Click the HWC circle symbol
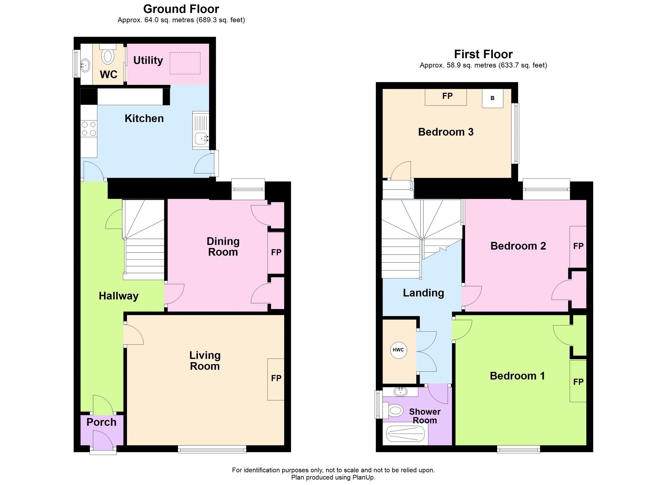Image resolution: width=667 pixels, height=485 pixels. tap(399, 350)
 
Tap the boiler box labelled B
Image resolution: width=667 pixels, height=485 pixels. tap(492, 98)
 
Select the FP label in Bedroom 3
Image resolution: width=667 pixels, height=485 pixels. tap(447, 96)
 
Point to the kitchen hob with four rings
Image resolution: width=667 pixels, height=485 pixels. tap(89, 129)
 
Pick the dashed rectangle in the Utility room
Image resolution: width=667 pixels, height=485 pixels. tap(185, 63)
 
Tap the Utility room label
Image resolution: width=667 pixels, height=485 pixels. tap(148, 60)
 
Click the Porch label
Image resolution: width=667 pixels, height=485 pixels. tap(101, 422)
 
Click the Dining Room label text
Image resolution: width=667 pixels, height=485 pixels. tap(223, 247)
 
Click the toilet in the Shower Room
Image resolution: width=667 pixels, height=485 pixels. tap(396, 410)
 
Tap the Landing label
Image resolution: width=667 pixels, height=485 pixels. tap(423, 293)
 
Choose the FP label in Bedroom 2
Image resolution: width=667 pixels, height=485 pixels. tap(578, 246)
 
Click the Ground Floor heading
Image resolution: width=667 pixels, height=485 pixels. tap(181, 9)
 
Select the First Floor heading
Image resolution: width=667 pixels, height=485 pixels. tap(483, 54)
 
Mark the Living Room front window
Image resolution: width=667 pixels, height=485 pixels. tap(212, 449)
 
